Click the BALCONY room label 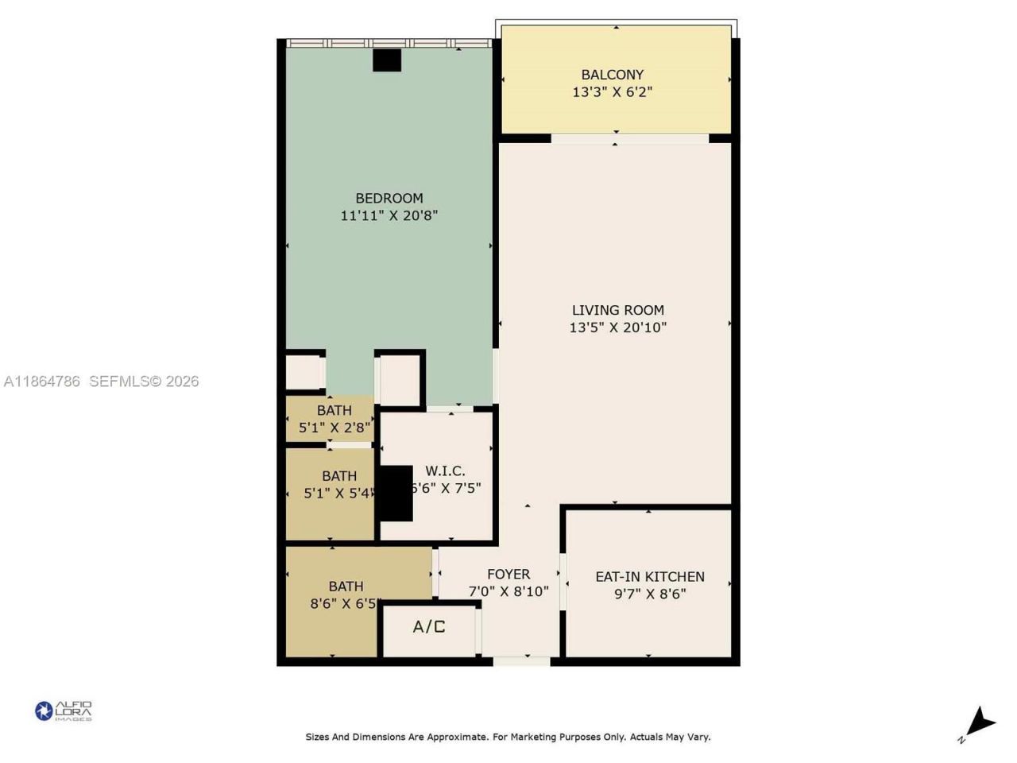[612, 75]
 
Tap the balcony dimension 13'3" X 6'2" [612, 92]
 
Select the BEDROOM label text [389, 198]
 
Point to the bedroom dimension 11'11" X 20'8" [389, 215]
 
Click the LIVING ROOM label [617, 310]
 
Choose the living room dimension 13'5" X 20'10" [617, 327]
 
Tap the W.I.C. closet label [445, 471]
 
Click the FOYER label [508, 574]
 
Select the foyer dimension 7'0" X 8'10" [508, 591]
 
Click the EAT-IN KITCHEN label [650, 576]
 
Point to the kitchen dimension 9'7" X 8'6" [650, 594]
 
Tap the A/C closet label [429, 627]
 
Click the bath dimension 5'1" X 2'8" [334, 428]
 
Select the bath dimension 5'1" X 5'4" [338, 493]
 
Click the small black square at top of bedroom [387, 60]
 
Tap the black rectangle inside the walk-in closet [395, 493]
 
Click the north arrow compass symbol [979, 724]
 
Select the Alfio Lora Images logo [64, 711]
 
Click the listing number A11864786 [42, 381]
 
